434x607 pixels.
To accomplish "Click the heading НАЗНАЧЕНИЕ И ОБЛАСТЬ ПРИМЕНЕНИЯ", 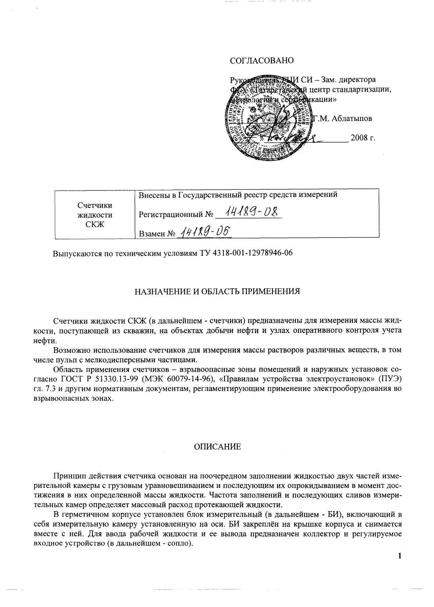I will (x=217, y=292).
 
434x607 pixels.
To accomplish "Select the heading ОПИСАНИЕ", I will (x=217, y=447).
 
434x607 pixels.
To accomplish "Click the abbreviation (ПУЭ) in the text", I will (x=390, y=379).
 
